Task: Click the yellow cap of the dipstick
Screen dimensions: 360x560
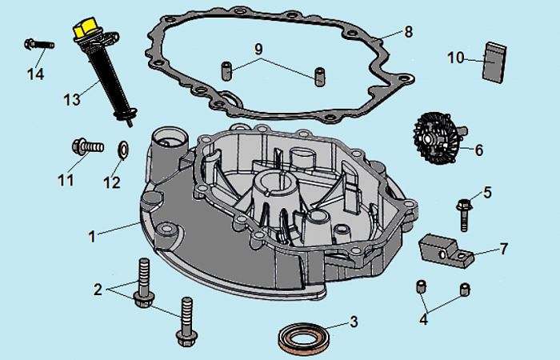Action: [x=83, y=29]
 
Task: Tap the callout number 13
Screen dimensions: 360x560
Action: [x=72, y=99]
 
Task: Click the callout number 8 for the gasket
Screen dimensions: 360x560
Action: [x=408, y=32]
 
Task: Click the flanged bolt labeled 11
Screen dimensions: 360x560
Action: [x=86, y=146]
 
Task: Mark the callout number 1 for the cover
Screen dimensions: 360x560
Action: [x=92, y=236]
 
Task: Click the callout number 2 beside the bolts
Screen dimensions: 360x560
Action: [x=98, y=289]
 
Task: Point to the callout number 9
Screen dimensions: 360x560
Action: [x=258, y=49]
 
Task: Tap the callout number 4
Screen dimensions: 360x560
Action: [x=424, y=321]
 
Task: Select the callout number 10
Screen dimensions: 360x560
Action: [x=455, y=58]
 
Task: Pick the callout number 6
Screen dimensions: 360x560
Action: [x=479, y=150]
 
